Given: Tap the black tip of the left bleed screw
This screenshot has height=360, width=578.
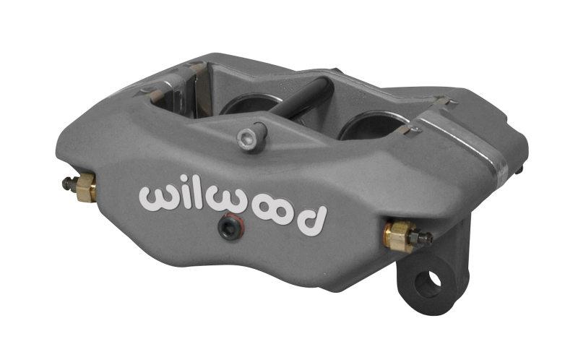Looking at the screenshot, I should [66, 183].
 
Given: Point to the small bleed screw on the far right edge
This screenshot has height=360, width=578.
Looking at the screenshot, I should [520, 171].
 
